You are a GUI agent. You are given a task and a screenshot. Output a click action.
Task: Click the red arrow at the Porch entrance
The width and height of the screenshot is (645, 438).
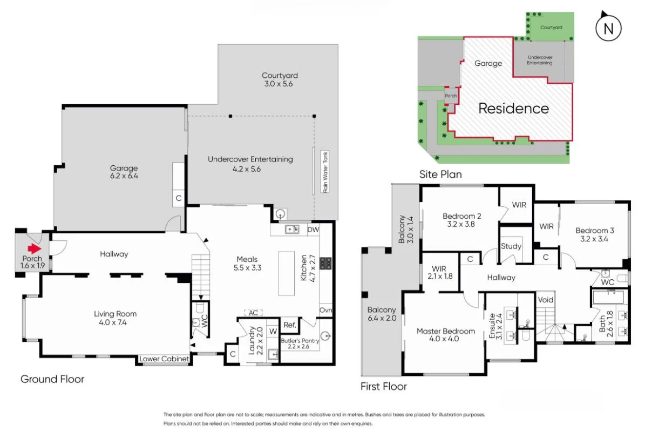point(33,249)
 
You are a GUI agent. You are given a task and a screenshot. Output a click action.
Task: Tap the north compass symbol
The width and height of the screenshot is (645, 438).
point(608,28)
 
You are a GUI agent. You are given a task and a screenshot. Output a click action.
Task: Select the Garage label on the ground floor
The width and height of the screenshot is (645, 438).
point(124,168)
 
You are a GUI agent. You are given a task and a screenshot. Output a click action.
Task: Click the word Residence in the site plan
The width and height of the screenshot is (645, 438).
point(513,109)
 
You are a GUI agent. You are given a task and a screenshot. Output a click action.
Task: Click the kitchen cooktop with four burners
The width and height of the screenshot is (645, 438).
point(326,263)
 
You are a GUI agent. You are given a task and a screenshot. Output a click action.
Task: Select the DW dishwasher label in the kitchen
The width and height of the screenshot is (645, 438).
point(313,230)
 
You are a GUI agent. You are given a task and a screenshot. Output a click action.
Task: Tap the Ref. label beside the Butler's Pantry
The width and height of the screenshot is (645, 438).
point(289,325)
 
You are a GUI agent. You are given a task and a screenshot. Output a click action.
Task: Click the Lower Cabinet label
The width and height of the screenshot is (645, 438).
point(164,359)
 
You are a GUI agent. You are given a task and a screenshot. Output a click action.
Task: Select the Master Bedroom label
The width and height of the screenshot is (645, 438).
point(446,331)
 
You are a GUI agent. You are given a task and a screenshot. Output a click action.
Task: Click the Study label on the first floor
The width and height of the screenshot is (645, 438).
point(511,246)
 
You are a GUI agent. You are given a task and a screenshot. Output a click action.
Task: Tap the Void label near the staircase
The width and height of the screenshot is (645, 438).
point(545,299)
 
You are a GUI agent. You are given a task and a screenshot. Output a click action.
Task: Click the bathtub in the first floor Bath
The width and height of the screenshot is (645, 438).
point(608,297)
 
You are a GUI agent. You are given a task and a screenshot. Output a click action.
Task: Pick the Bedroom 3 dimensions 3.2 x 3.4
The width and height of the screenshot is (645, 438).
point(595,239)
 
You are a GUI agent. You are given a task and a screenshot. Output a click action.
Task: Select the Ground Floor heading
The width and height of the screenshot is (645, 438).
point(52,379)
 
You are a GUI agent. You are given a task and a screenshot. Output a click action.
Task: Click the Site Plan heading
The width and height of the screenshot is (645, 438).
point(440,174)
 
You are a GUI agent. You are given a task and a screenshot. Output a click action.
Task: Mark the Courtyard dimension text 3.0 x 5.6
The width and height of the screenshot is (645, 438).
point(280,84)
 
